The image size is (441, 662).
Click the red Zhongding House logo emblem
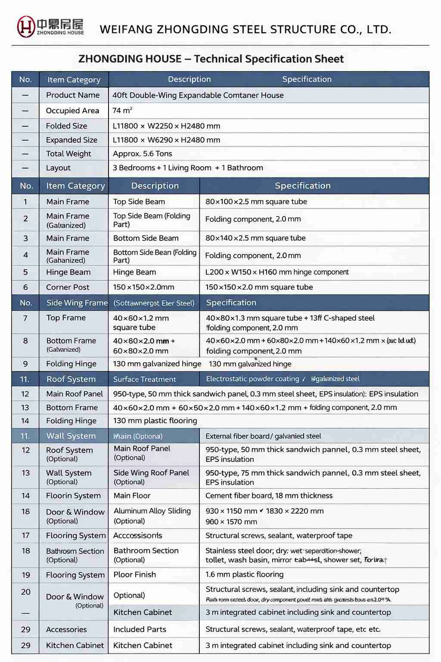[26, 26]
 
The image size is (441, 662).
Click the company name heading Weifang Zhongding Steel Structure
[245, 29]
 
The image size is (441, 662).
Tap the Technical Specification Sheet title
[211, 59]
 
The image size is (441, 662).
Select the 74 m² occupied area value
[122, 111]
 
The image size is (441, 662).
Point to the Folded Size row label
[66, 126]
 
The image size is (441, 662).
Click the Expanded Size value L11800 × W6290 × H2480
[166, 140]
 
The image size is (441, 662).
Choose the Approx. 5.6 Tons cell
[142, 154]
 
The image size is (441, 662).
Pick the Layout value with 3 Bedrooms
[188, 168]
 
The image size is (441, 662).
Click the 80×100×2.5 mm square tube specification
[256, 202]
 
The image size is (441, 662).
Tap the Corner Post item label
[68, 287]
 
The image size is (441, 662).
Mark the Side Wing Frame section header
[77, 303]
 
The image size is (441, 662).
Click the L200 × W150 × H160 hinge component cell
[277, 272]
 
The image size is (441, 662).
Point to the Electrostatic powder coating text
[252, 379]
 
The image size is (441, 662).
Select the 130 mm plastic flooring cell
[155, 421]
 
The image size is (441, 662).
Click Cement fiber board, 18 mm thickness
[269, 496]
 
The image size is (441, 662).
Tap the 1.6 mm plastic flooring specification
[244, 575]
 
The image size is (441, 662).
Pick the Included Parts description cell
[140, 629]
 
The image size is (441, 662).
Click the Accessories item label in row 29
[66, 630]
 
